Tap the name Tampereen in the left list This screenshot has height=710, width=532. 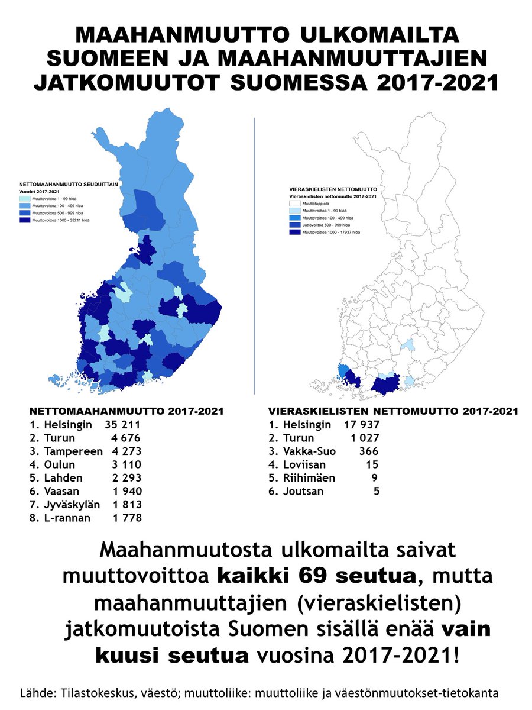point(70,451)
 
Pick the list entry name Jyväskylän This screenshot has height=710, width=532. point(72,504)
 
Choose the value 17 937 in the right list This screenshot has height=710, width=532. point(361,424)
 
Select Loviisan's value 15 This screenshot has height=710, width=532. point(372,464)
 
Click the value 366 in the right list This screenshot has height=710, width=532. point(368,451)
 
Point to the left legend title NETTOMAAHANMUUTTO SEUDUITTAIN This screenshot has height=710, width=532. point(70,184)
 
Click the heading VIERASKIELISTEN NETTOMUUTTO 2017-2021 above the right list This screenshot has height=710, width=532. point(393,411)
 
